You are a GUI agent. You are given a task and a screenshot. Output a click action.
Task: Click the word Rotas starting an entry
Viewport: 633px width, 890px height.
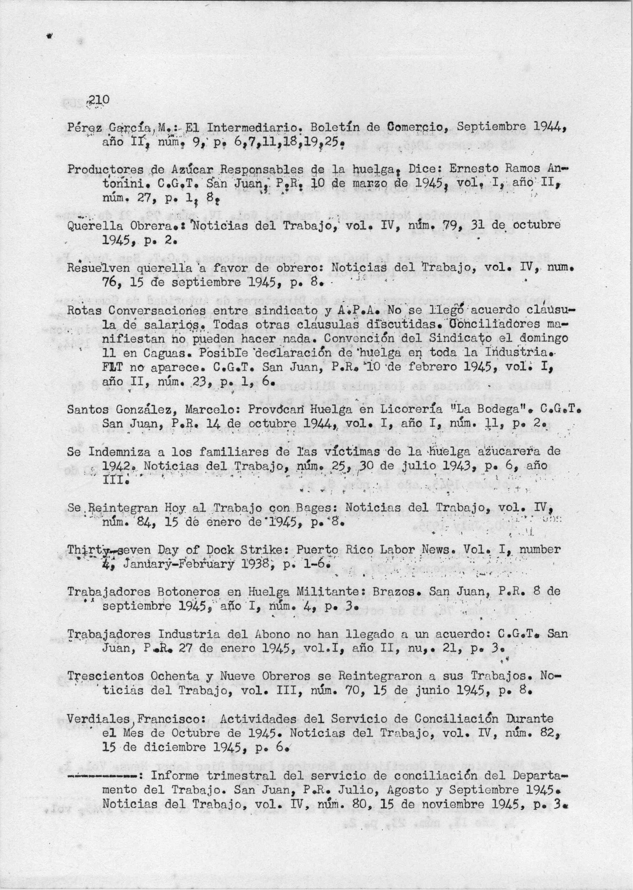coord(84,311)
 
